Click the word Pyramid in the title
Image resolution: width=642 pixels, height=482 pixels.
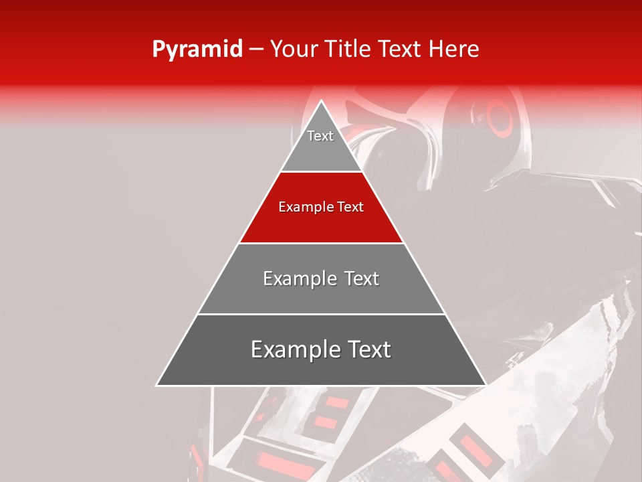pyautogui.click(x=197, y=49)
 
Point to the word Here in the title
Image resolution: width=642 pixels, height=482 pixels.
pyautogui.click(x=454, y=49)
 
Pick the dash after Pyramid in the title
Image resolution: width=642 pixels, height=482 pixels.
pyautogui.click(x=256, y=50)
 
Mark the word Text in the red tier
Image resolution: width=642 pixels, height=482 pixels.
pyautogui.click(x=350, y=207)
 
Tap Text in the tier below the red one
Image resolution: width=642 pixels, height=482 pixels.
pyautogui.click(x=362, y=278)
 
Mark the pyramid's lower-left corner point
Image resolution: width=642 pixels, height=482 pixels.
pyautogui.click(x=157, y=385)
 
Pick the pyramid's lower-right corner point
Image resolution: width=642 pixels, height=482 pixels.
pyautogui.click(x=486, y=385)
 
